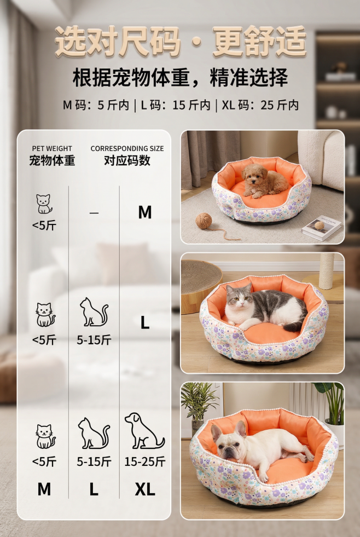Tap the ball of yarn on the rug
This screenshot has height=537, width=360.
click(204, 221)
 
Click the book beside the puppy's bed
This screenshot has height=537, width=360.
click(321, 228)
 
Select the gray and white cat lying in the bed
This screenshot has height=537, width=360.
click(264, 307)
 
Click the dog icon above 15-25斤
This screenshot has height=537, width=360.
click(143, 431)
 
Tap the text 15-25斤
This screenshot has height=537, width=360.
click(144, 461)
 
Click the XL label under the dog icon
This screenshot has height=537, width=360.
click(145, 489)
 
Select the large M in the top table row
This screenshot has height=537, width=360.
click(145, 212)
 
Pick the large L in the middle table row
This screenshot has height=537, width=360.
click(145, 323)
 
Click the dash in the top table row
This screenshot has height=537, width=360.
click(94, 212)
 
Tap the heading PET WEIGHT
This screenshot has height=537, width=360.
click(52, 148)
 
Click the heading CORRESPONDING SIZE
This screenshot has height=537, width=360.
click(127, 148)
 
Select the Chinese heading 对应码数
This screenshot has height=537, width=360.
click(127, 161)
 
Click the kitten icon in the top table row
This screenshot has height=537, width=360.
click(44, 204)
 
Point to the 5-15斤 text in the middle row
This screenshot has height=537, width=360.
click(94, 340)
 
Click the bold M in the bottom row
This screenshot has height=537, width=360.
click(44, 489)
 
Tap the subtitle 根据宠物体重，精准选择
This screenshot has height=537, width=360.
click(180, 78)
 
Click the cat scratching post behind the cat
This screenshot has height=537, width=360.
click(327, 270)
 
